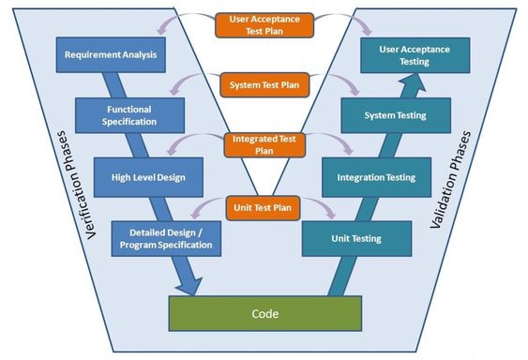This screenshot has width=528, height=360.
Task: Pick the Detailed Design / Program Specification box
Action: [166, 237]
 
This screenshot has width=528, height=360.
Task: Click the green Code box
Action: [264, 312]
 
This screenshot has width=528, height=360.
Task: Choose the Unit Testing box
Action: [356, 238]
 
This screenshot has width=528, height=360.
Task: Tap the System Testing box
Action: [395, 115]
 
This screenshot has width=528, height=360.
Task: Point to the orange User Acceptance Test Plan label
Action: [264, 24]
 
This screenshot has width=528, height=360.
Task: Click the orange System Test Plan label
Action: [264, 84]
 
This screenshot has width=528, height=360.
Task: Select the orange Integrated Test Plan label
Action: [264, 144]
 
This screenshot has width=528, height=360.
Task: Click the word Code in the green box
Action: [264, 312]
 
